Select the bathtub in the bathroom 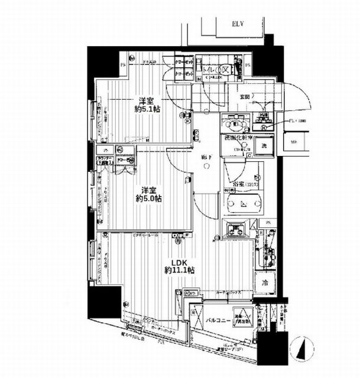click(244, 205)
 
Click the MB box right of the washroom click(294, 142)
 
